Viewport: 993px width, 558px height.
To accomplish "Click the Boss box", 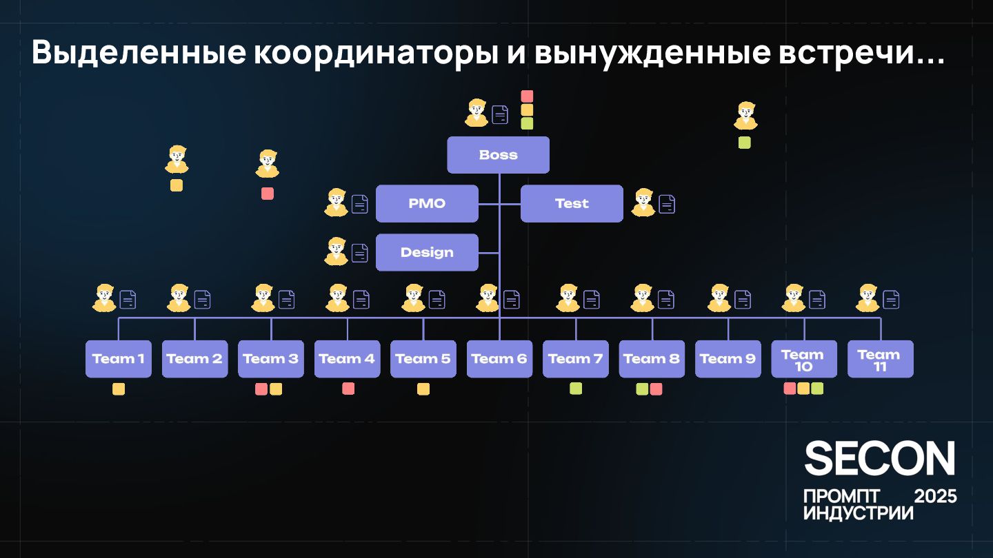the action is [498, 155].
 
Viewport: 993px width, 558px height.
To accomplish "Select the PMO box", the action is [427, 204].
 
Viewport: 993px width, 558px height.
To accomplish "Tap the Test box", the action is [572, 204].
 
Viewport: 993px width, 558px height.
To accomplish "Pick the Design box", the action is [427, 252].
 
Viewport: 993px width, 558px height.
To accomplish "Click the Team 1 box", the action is [119, 359].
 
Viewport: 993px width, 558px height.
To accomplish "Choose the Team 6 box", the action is [499, 359].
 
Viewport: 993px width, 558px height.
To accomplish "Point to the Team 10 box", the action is [804, 359].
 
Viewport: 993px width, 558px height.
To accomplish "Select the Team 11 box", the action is [880, 359].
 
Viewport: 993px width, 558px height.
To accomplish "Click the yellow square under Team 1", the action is [119, 389].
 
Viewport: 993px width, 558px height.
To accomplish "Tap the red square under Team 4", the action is [348, 389].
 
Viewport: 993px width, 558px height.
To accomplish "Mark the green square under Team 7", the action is [576, 389].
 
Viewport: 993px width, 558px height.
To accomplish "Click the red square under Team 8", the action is [656, 389].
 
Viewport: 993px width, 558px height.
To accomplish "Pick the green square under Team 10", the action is [817, 389].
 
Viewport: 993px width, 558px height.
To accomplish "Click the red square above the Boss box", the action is [527, 96].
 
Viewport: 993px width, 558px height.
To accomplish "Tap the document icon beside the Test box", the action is [667, 204].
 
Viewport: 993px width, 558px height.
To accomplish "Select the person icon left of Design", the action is [337, 251].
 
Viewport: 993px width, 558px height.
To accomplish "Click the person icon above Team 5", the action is [414, 298].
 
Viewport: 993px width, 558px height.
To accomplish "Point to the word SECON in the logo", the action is [880, 459].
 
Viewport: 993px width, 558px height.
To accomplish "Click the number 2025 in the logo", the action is [935, 496].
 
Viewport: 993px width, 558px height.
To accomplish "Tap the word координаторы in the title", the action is [372, 54].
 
